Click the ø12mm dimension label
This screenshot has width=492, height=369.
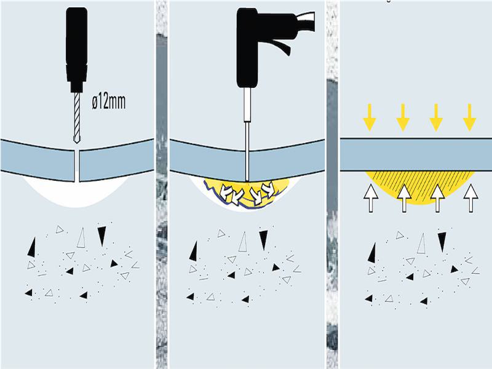[109, 101]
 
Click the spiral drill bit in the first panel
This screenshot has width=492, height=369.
[76, 118]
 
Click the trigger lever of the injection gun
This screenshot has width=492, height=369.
[282, 48]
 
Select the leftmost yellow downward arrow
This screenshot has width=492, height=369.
[370, 117]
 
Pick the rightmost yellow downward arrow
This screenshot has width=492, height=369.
[469, 117]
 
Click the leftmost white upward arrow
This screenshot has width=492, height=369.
[371, 198]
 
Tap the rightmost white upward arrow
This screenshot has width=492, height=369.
[470, 198]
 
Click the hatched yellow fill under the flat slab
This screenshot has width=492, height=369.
[421, 187]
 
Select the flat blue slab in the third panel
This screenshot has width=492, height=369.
[416, 155]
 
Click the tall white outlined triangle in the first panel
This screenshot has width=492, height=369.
[82, 238]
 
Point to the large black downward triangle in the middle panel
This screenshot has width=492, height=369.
[263, 240]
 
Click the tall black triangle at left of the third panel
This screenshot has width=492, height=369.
[372, 253]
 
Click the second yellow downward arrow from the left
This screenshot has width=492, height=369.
[403, 117]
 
